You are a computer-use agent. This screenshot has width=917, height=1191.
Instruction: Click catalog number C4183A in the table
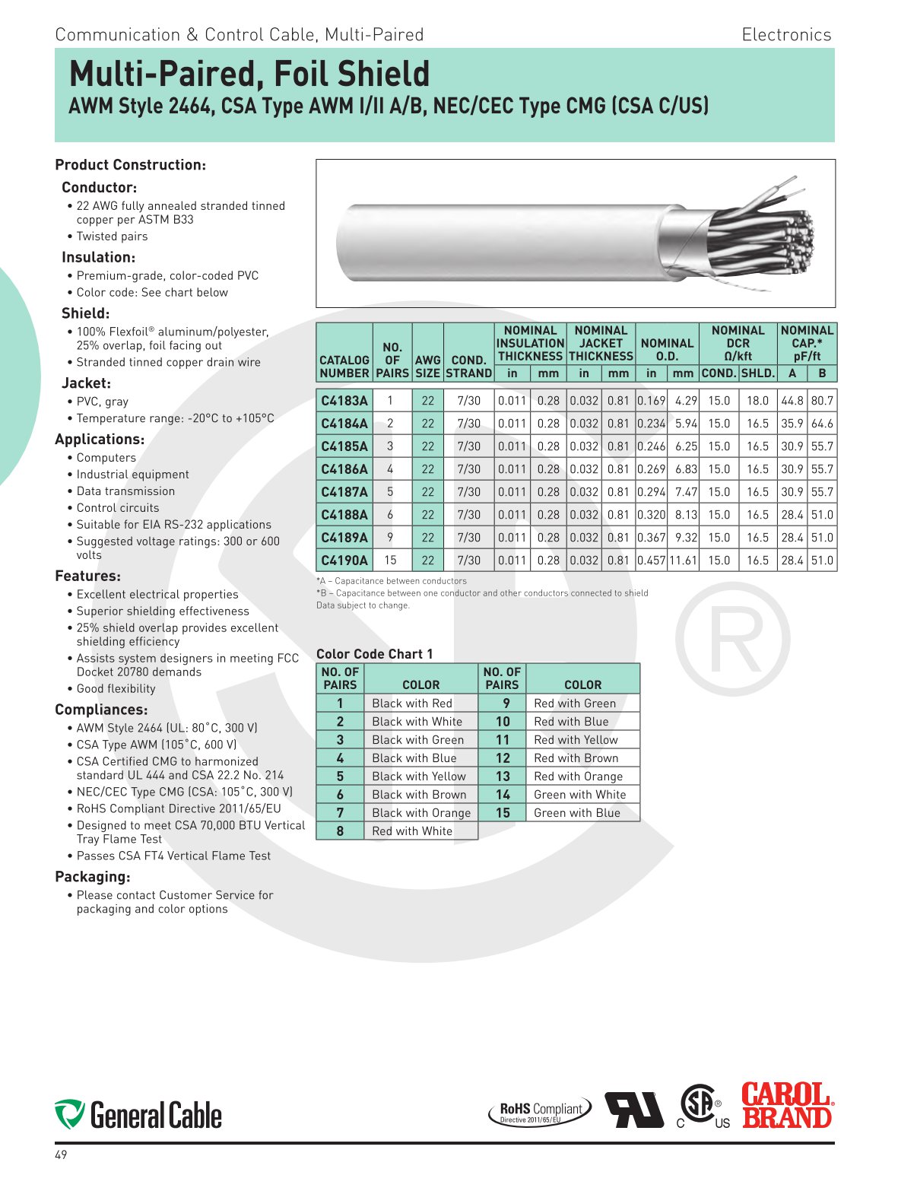click(344, 401)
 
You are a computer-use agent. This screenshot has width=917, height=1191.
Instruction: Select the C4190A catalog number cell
click(344, 561)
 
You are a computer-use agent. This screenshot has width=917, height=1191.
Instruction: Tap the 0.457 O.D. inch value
click(651, 561)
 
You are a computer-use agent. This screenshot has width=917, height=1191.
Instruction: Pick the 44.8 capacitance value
click(792, 401)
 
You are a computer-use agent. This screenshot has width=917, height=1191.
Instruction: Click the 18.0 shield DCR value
click(757, 401)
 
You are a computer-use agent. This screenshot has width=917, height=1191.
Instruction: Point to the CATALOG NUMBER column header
click(344, 367)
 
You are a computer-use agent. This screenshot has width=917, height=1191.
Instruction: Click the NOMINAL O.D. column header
click(667, 350)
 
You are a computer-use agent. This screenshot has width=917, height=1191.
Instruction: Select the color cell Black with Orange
click(421, 813)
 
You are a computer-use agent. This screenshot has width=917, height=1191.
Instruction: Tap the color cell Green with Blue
click(577, 813)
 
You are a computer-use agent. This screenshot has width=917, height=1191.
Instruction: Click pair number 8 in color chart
click(340, 831)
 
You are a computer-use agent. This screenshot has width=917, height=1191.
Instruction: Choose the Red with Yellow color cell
click(576, 740)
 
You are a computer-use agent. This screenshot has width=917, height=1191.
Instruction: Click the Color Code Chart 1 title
click(374, 654)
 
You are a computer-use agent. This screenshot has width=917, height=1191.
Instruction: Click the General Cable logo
click(138, 1115)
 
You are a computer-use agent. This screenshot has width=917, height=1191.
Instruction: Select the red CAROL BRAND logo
click(787, 1107)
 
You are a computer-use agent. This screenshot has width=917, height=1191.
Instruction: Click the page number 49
click(61, 1155)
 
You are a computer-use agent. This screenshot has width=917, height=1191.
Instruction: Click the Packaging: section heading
click(93, 877)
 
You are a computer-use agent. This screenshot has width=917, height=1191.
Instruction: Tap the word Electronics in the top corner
click(786, 35)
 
